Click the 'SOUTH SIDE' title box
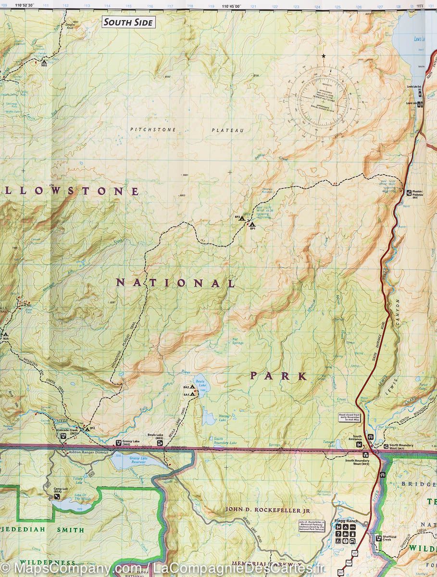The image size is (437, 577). coord(128,22)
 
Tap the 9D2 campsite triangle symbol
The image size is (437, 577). coord(44,61)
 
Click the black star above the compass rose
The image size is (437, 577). coord(324,56)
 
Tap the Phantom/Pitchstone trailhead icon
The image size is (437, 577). coord(409,192)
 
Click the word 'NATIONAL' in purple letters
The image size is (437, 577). coord(175,283)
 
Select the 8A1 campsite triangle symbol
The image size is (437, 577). coord(193,394)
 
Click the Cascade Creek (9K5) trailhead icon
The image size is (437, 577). coord(63,436)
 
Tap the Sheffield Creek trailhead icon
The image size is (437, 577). coord(378,538)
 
